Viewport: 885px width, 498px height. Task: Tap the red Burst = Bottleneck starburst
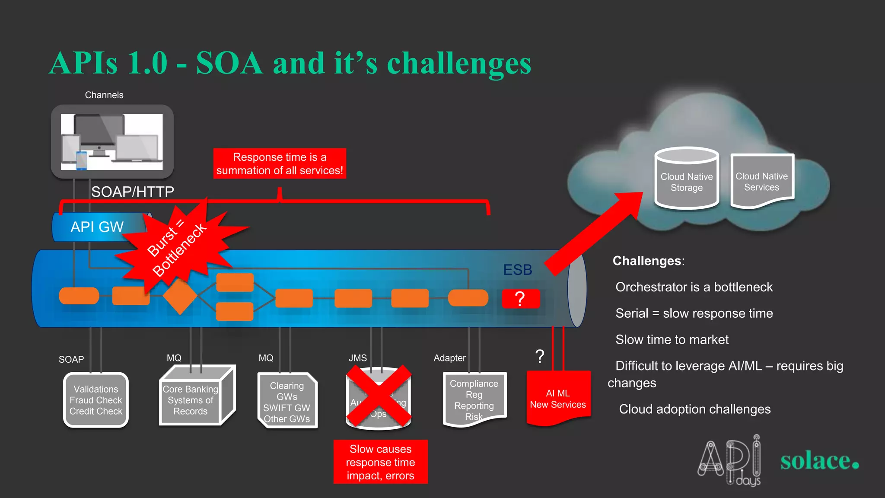click(177, 249)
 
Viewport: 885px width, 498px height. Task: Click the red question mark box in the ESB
click(521, 299)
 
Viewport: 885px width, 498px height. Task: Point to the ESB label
click(517, 270)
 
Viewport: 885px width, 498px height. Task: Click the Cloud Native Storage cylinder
click(686, 179)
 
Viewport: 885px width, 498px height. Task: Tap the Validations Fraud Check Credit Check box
click(96, 400)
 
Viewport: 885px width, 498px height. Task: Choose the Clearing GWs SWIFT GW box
click(287, 402)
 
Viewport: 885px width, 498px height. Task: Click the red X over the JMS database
click(379, 396)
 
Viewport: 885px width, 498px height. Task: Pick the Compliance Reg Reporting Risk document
click(474, 399)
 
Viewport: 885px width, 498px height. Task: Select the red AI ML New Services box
click(558, 398)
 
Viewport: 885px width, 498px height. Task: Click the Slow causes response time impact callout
click(380, 462)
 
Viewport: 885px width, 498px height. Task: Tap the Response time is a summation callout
click(280, 163)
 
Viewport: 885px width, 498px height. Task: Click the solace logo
click(819, 461)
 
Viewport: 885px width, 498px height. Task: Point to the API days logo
click(729, 461)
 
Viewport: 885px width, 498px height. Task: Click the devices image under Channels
click(112, 142)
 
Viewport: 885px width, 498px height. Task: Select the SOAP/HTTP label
click(132, 192)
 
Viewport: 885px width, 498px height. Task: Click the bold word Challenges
click(647, 261)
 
